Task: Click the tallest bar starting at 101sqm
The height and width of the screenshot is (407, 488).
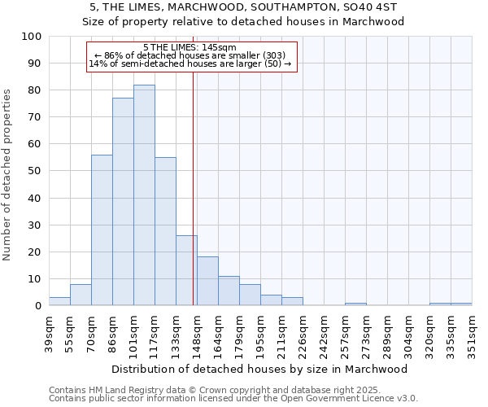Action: [144, 195]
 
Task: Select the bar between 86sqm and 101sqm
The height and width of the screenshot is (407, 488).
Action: [123, 202]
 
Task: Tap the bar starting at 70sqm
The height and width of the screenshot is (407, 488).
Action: [102, 230]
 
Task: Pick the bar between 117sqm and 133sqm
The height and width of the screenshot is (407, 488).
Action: [165, 231]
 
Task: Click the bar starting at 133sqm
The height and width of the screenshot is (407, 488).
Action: [186, 270]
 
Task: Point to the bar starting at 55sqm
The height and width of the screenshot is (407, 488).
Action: [81, 295]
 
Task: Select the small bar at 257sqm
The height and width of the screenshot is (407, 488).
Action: [355, 304]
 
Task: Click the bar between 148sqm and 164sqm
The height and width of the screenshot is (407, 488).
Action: [207, 282]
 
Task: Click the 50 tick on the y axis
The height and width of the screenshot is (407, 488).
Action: [35, 171]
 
